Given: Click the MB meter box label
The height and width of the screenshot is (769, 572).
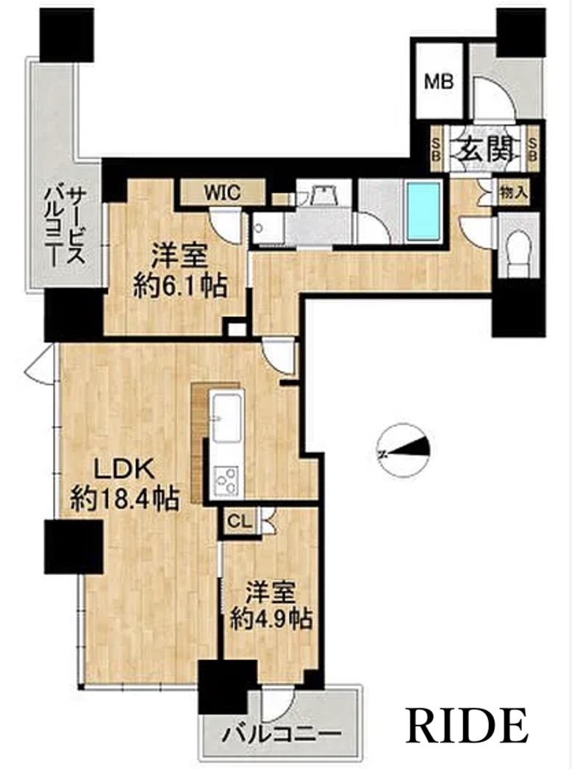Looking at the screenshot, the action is (439, 82).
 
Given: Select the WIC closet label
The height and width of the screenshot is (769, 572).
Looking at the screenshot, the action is (222, 193).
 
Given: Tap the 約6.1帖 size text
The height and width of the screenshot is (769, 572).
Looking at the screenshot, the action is (181, 287).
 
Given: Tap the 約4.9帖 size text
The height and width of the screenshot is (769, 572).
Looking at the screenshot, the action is (271, 620).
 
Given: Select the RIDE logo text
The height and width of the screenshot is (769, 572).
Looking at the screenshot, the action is (466, 724).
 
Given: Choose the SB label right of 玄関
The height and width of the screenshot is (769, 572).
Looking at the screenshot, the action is (533, 147).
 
